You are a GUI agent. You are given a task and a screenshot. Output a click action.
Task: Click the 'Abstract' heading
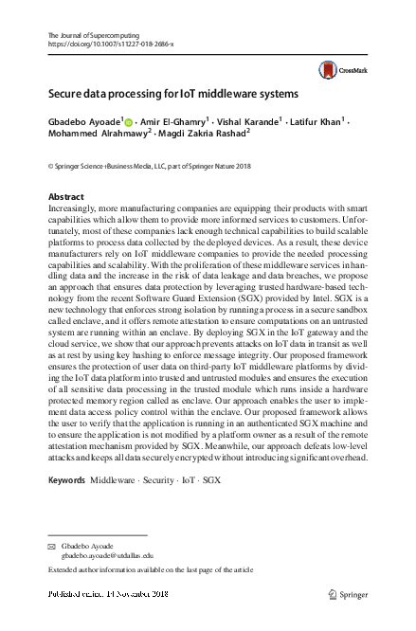pos(64,196)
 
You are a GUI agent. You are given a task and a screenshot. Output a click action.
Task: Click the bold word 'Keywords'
pos(66,480)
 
